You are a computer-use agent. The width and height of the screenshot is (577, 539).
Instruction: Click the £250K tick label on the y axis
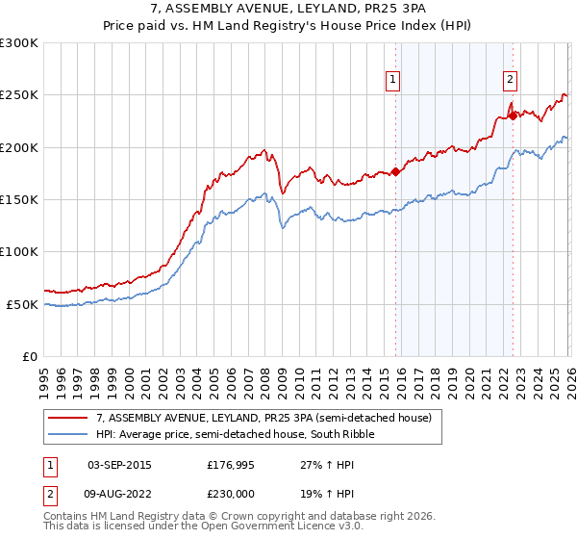19,95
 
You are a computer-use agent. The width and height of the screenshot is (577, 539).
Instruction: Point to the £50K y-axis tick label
22,304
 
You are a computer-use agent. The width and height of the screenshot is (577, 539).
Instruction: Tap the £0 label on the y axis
29,356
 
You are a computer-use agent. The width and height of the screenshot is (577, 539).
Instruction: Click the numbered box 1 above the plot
394,81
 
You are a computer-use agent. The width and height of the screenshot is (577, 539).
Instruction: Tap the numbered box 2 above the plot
510,81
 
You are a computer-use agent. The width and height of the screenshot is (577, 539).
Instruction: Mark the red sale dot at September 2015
395,172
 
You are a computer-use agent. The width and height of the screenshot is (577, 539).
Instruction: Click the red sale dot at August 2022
513,115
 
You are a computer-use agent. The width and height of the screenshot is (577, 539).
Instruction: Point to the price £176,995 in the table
230,465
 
